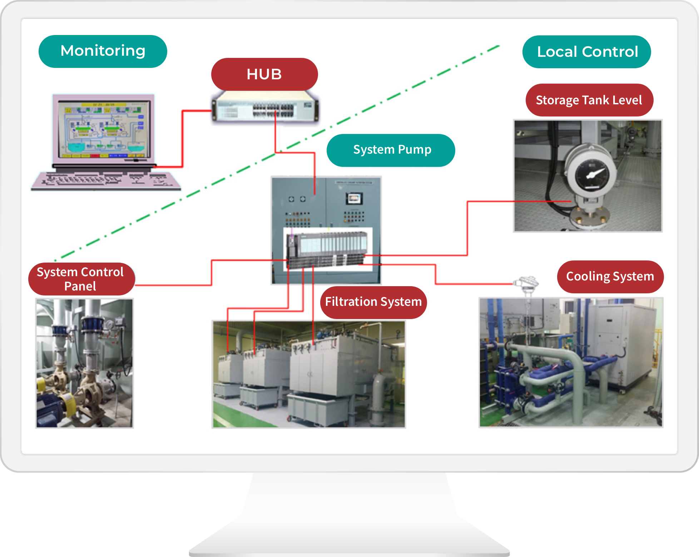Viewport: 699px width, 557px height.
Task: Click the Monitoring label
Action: tap(103, 51)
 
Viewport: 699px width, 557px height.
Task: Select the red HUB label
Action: tap(264, 74)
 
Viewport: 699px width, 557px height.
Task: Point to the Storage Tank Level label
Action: tap(589, 100)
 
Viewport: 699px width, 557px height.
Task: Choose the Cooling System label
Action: tap(610, 277)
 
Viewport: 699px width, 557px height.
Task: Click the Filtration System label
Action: tap(373, 302)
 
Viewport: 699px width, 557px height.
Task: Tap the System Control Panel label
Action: tap(81, 279)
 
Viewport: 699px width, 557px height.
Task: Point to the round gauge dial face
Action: tap(591, 174)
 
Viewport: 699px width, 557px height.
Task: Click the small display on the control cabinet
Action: tap(354, 198)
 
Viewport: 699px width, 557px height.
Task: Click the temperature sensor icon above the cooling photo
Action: tap(526, 284)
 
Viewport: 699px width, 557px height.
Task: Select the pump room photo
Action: tap(84, 363)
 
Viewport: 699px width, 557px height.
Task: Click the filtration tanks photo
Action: tap(309, 374)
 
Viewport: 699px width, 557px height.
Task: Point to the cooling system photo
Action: tap(571, 362)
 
